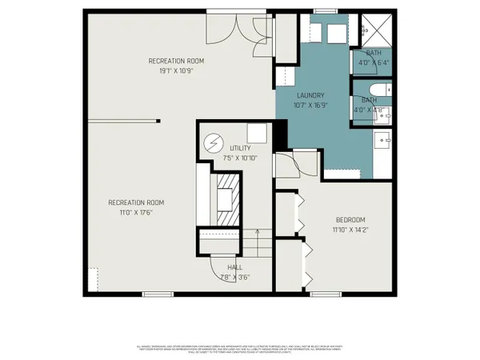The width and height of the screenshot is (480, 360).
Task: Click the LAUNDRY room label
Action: pos(309,95)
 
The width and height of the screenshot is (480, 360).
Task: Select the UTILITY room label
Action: pos(240,149)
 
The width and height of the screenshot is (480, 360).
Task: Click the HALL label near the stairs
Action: pos(234,268)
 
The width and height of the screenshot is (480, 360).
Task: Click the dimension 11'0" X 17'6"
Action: pos(136,213)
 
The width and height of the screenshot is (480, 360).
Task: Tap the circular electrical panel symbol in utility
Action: pos(214,143)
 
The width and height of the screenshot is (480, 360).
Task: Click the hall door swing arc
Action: pos(221,275)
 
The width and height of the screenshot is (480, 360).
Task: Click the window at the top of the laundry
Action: pos(325,11)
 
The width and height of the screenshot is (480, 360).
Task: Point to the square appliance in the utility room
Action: pos(258,133)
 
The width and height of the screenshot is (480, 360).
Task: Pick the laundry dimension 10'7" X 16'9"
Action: pos(309,105)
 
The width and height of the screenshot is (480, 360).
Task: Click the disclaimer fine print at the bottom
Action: pos(240,350)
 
